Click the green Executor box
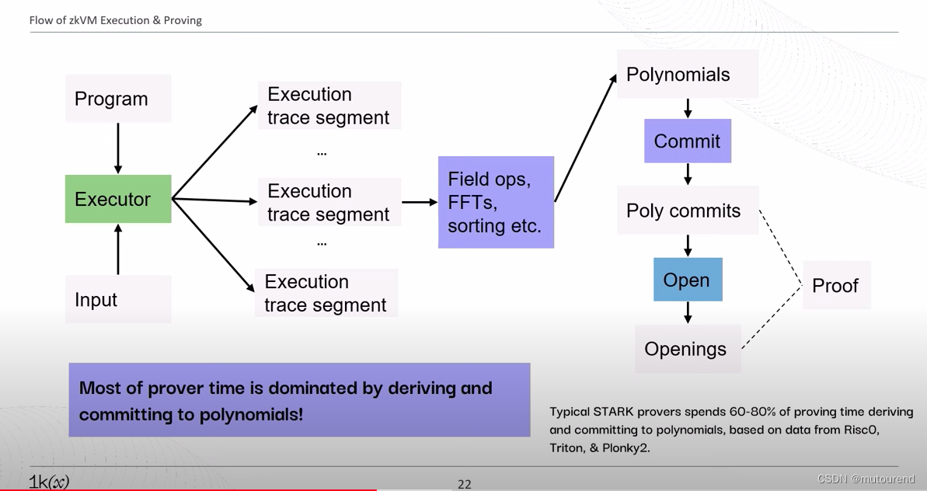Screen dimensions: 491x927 click(118, 199)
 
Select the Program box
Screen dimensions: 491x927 click(118, 99)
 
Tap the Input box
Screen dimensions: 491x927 click(118, 299)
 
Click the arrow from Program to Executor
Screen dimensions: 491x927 click(118, 148)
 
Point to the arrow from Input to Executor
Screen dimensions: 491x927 click(118, 249)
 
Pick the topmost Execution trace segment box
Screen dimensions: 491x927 click(329, 106)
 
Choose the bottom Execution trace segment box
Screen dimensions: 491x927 click(326, 293)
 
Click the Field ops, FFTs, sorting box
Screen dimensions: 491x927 click(496, 202)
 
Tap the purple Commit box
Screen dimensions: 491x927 click(688, 141)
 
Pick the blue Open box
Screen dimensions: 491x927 click(688, 280)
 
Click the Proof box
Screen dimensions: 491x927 click(836, 286)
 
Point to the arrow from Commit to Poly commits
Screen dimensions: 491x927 click(688, 174)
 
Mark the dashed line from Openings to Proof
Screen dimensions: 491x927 click(771, 318)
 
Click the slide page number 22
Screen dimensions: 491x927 click(465, 484)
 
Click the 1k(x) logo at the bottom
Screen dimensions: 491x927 click(49, 482)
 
